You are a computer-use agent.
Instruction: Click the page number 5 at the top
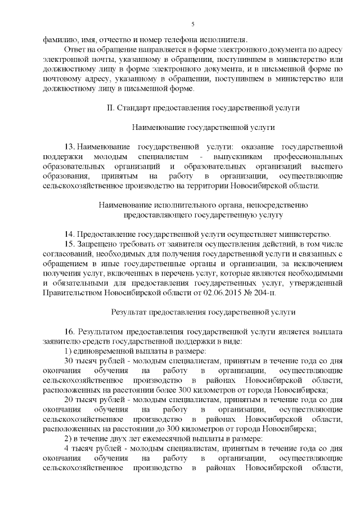tap(192, 23)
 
